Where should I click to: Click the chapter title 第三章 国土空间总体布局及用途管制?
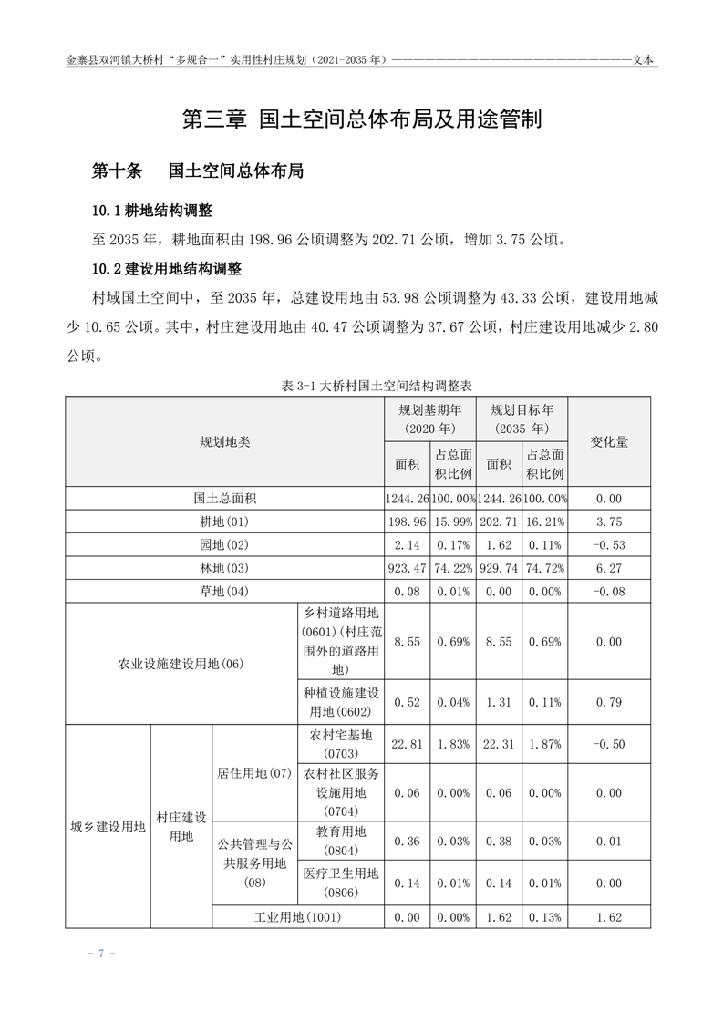pyautogui.click(x=362, y=119)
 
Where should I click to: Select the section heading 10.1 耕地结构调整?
pyautogui.click(x=151, y=212)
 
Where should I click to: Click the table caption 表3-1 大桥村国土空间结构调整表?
pyautogui.click(x=361, y=387)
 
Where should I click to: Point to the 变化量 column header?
pyautogui.click(x=609, y=441)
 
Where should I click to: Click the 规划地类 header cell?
pyautogui.click(x=225, y=441)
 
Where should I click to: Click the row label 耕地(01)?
pyautogui.click(x=225, y=522)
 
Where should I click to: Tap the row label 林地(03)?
pyautogui.click(x=225, y=568)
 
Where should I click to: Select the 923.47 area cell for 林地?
pyautogui.click(x=408, y=568)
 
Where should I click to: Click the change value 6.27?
pyautogui.click(x=609, y=568)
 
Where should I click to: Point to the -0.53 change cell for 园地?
pyautogui.click(x=609, y=545)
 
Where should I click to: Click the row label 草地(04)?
pyautogui.click(x=225, y=592)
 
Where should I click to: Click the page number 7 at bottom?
pyautogui.click(x=101, y=954)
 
